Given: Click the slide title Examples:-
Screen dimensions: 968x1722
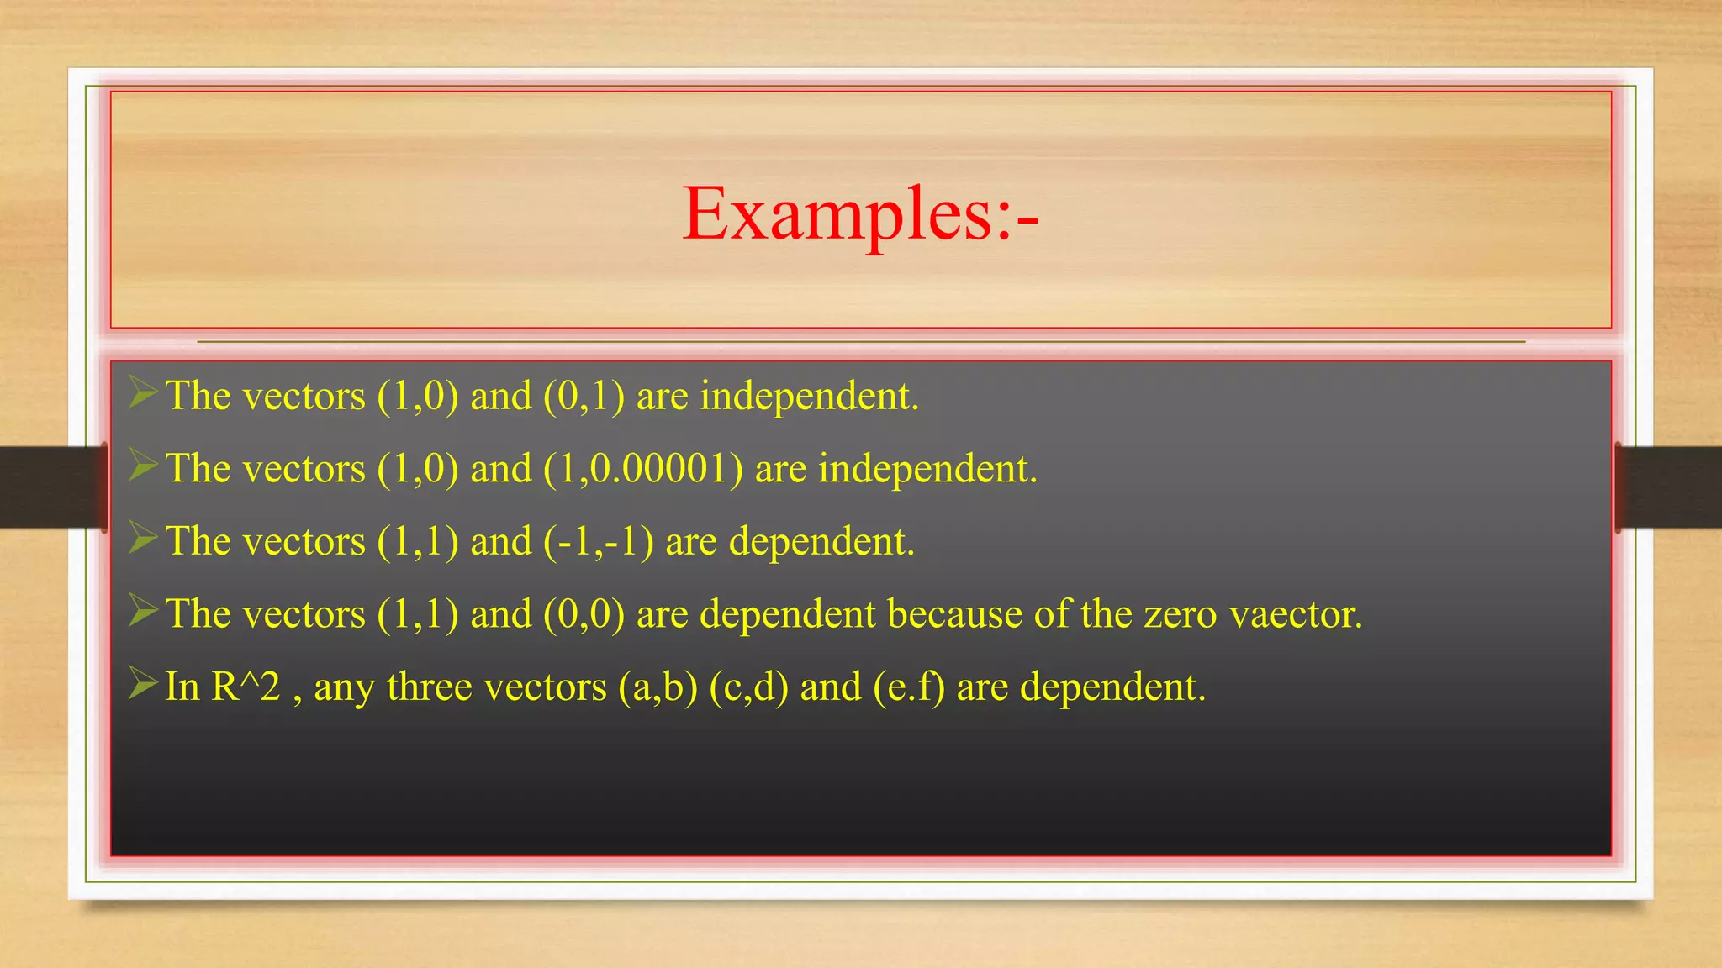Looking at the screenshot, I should click(860, 215).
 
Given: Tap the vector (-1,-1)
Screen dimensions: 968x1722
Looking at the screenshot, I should click(599, 542).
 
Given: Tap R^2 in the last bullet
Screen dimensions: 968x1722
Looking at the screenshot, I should click(245, 687).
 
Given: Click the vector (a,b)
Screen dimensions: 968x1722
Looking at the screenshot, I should click(658, 687).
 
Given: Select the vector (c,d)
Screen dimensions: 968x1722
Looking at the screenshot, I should click(749, 687).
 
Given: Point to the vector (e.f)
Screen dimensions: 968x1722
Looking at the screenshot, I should click(909, 687).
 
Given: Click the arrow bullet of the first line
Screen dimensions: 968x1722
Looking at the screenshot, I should click(143, 393).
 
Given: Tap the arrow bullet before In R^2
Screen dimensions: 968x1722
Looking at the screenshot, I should click(143, 684).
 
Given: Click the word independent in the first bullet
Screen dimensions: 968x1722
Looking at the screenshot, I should click(809, 397).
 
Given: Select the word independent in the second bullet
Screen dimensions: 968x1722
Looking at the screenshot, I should click(927, 469).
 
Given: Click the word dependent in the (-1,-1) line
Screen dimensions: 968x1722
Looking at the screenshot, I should click(821, 542).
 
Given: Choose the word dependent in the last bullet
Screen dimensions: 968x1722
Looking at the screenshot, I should click(1112, 687).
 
